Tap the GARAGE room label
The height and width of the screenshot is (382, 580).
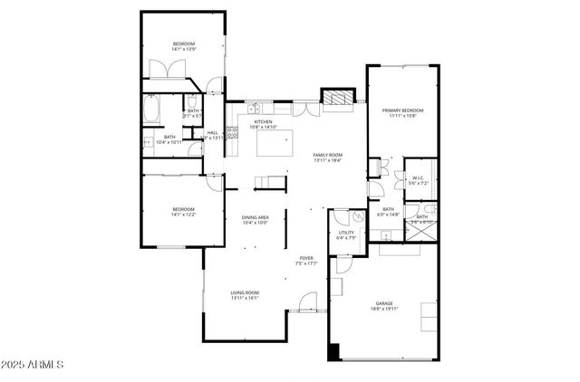(x=384, y=303)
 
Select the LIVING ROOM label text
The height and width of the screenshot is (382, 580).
(x=245, y=292)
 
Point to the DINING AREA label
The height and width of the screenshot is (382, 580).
(x=255, y=217)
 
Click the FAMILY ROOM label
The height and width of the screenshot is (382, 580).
(x=327, y=155)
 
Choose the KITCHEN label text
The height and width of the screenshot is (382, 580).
(x=263, y=121)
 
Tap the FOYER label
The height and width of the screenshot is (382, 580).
(x=306, y=258)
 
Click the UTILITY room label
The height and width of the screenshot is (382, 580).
(x=346, y=233)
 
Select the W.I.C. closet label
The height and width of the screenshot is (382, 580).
(x=418, y=177)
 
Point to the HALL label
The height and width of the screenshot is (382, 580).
(x=212, y=133)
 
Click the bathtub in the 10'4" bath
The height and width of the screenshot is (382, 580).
(x=152, y=111)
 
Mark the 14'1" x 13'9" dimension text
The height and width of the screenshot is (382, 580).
(x=185, y=49)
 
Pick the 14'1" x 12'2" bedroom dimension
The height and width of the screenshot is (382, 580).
(x=184, y=215)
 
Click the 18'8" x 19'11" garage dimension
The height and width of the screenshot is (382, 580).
(x=384, y=310)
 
